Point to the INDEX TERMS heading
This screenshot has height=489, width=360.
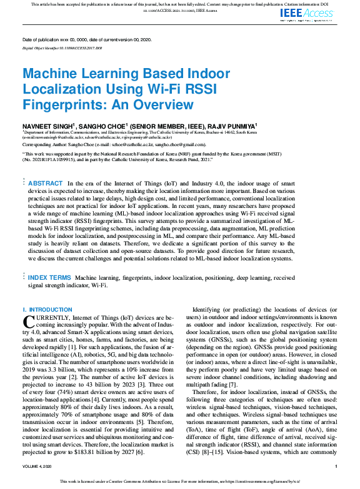tap(50, 277)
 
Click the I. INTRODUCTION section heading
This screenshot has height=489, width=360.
tap(47, 310)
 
